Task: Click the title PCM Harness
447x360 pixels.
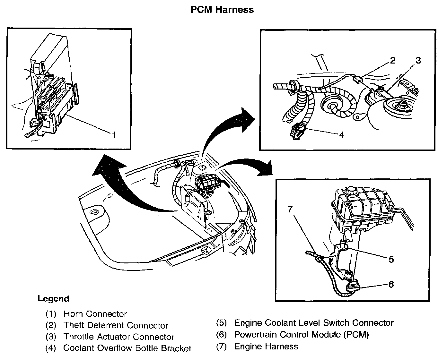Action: tap(222, 10)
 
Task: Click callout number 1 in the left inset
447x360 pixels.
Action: tap(113, 135)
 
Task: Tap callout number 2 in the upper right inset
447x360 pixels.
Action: tap(393, 61)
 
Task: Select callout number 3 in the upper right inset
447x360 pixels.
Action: tap(418, 61)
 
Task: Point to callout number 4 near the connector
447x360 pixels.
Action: tap(342, 135)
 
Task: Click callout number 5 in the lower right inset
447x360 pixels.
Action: tap(391, 259)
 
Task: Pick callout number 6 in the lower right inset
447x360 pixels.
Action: tap(391, 285)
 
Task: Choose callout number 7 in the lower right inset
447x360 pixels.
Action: tap(290, 210)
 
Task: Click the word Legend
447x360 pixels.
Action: tap(53, 299)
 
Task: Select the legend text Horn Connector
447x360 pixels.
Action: tap(95, 314)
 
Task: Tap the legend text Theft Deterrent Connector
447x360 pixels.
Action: tap(116, 325)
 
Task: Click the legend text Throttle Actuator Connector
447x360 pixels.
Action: tap(119, 337)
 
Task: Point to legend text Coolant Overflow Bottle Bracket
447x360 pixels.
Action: tap(127, 348)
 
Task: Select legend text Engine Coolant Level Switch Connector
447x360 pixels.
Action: tap(314, 323)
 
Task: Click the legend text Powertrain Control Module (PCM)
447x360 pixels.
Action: tap(301, 335)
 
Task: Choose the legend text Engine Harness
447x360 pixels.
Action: tap(266, 347)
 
